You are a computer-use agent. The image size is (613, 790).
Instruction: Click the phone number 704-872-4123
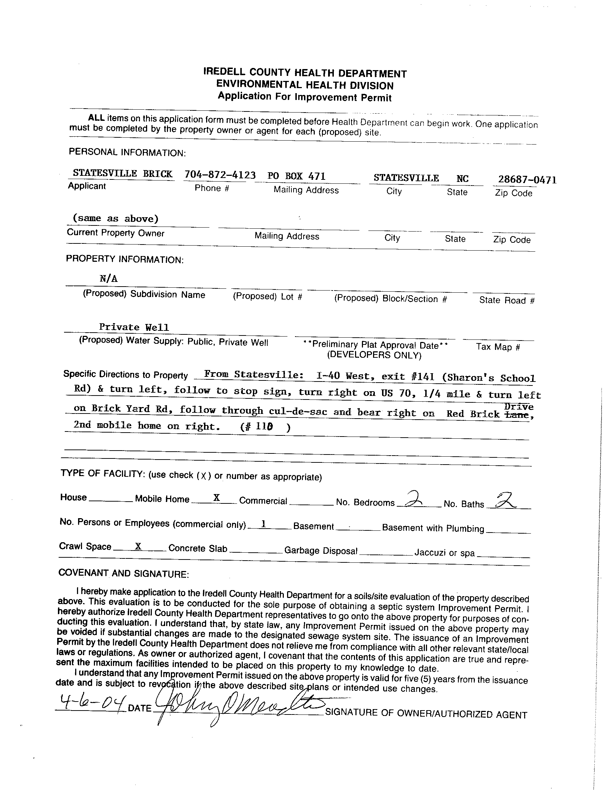pos(220,175)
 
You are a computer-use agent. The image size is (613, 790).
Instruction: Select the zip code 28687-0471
pos(527,180)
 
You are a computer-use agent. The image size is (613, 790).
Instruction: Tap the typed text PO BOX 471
pos(296,176)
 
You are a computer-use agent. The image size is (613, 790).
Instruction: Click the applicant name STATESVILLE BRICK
pos(122,174)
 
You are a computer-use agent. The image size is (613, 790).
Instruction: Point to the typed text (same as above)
pos(115,219)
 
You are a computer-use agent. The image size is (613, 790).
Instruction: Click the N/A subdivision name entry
pos(109,279)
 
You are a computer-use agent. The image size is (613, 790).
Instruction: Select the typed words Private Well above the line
pos(134,327)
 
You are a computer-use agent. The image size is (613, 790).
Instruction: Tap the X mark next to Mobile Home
pos(217,498)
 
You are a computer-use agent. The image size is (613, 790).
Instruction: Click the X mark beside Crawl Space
pos(138,546)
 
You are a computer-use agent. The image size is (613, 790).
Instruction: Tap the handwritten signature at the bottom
pos(235,705)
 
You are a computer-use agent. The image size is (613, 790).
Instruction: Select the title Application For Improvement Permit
pos(304,97)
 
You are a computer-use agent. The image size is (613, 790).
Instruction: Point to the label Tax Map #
pos(498,347)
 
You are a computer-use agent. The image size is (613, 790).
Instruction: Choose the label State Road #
pos(507,300)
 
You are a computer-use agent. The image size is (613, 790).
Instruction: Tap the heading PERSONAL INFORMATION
pos(127,152)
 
